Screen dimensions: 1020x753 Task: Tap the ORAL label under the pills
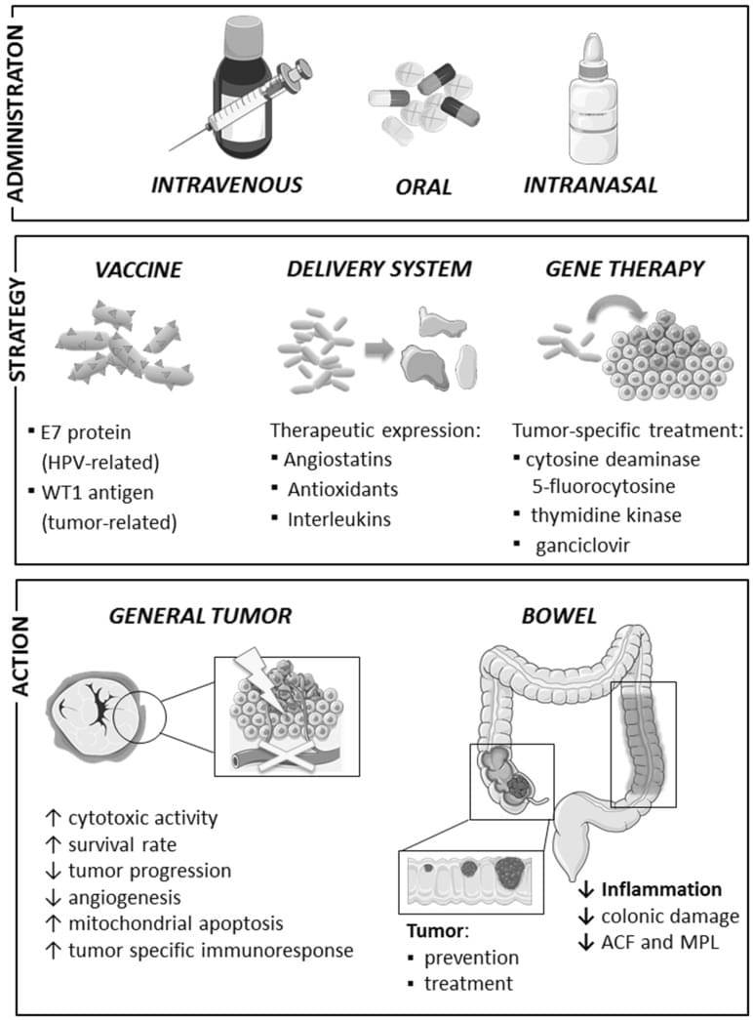pyautogui.click(x=424, y=186)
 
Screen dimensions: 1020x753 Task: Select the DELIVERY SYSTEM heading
pyautogui.click(x=376, y=270)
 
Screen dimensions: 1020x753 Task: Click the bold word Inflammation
pyautogui.click(x=661, y=889)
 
